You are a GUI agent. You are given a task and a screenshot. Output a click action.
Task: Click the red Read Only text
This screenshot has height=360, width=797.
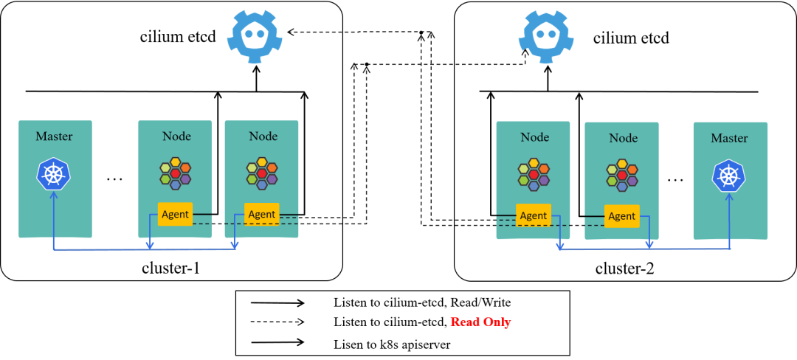point(480,322)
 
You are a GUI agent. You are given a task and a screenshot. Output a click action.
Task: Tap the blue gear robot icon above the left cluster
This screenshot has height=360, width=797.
point(255,36)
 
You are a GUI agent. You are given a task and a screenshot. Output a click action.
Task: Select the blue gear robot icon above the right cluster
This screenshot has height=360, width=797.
point(546,36)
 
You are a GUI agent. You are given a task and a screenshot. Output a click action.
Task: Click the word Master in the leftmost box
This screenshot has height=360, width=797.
point(54,136)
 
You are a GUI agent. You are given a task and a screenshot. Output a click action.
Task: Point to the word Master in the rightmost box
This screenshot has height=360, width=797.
point(729,138)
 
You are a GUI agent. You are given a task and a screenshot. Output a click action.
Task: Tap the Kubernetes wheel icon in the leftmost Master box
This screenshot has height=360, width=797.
point(54,174)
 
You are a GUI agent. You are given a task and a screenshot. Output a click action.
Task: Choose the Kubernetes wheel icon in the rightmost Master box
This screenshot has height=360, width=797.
point(729,176)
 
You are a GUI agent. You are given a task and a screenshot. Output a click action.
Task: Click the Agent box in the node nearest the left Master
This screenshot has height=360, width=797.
point(175,214)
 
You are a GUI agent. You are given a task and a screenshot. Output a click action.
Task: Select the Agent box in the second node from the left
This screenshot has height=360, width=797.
point(262,214)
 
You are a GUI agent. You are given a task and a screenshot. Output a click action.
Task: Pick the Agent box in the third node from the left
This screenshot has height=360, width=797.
point(533,215)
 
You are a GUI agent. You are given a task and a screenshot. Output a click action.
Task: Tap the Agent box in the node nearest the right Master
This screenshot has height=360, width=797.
point(621,215)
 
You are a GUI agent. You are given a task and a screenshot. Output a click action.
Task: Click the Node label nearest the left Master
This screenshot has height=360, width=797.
point(176,136)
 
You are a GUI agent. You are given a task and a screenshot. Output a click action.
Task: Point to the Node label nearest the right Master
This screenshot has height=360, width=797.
point(623,138)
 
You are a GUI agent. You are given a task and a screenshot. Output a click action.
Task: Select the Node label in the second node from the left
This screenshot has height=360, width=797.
point(263,136)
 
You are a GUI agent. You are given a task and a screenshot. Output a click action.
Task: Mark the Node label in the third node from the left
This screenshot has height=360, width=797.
point(534,137)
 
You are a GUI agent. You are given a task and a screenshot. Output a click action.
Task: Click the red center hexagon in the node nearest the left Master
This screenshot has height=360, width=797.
point(176,174)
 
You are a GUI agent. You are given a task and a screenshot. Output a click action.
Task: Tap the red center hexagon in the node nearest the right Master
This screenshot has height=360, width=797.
point(622,176)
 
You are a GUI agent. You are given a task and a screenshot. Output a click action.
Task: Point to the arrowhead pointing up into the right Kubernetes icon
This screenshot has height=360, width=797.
point(729,196)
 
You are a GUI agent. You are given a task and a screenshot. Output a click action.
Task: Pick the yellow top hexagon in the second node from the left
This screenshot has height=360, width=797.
point(262,162)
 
